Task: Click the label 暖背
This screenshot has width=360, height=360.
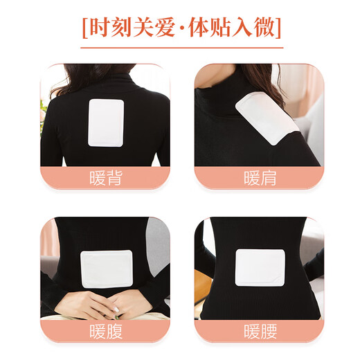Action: (106, 179)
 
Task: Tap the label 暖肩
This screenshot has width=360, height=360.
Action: (260, 179)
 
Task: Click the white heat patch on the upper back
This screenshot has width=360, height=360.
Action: (106, 122)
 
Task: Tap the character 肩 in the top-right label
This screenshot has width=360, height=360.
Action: (269, 179)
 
